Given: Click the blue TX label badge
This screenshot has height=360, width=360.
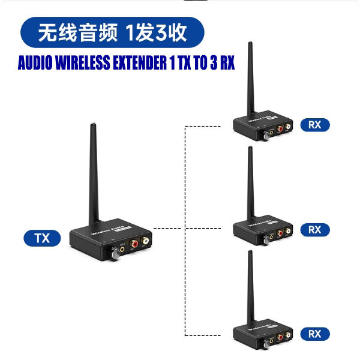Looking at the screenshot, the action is click(43, 238).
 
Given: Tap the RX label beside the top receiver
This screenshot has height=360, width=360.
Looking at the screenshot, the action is click(314, 125).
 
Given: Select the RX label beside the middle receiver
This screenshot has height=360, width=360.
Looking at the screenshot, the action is click(314, 229).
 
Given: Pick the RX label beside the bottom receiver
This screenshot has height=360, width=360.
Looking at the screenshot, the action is click(314, 334).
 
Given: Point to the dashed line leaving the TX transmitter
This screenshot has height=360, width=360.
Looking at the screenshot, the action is click(168, 228).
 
